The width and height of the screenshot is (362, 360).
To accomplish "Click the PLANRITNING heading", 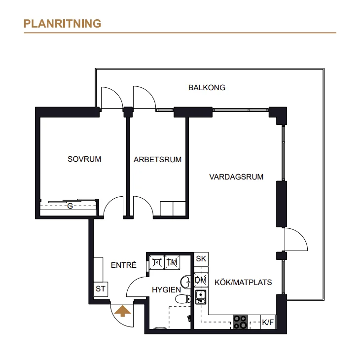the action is [62, 24].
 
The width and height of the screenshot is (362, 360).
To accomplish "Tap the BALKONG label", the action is [207, 87].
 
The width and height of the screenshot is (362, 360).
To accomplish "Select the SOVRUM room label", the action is [84, 159].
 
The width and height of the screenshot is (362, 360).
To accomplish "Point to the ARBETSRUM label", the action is [157, 160].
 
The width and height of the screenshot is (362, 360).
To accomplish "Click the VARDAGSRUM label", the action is [236, 177].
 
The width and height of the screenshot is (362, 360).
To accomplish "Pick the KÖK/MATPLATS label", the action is [243, 282].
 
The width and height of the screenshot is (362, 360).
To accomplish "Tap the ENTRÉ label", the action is [123, 265].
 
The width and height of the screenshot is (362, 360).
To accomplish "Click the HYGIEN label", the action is [166, 289].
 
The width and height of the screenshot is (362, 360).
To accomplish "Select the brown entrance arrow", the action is [123, 311].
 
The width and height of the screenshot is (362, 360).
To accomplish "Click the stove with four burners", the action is [240, 322].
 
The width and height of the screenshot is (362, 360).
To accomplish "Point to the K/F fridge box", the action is [268, 322].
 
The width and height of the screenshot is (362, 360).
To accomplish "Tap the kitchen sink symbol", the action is [201, 297].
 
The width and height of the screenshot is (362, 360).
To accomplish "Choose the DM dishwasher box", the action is [201, 280].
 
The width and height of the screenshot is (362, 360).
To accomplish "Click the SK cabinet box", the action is [201, 259].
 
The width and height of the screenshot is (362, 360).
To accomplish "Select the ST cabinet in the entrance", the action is [101, 289].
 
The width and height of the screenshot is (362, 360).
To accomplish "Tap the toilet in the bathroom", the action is [183, 299].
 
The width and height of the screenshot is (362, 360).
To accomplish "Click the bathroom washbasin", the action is [185, 282].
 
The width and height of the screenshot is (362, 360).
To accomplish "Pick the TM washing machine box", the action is [172, 262].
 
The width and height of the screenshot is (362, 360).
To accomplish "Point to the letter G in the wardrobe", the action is [70, 206].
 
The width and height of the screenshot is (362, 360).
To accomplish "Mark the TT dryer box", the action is [157, 262].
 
